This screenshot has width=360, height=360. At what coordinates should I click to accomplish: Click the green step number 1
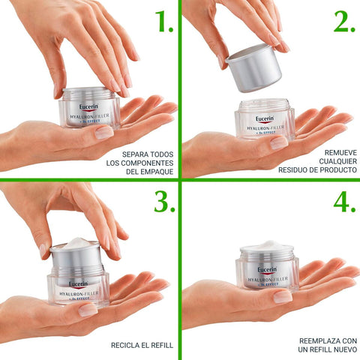(163, 21)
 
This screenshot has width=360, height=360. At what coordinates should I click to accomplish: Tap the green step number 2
(344, 21)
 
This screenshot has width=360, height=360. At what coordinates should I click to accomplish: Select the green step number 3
(164, 202)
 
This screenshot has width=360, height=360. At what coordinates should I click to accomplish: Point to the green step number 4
(344, 202)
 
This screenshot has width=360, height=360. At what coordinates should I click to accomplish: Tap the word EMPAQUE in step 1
(157, 172)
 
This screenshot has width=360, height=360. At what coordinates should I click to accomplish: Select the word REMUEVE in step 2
(340, 152)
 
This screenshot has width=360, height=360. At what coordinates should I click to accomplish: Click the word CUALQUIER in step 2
(337, 161)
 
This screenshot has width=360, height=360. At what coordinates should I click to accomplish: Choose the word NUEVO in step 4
(345, 349)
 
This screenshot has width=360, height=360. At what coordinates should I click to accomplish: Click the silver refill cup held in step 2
(253, 68)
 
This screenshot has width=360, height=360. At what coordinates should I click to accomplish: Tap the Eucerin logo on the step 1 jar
(88, 107)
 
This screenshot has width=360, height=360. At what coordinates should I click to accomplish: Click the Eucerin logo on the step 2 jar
(265, 119)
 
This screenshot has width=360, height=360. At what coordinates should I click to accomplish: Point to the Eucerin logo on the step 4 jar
(267, 270)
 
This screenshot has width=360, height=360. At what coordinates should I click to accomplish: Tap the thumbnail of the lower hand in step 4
(283, 297)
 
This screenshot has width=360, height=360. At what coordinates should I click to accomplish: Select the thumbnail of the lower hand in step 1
(104, 133)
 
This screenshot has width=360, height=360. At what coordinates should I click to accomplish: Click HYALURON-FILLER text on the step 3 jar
(79, 293)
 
